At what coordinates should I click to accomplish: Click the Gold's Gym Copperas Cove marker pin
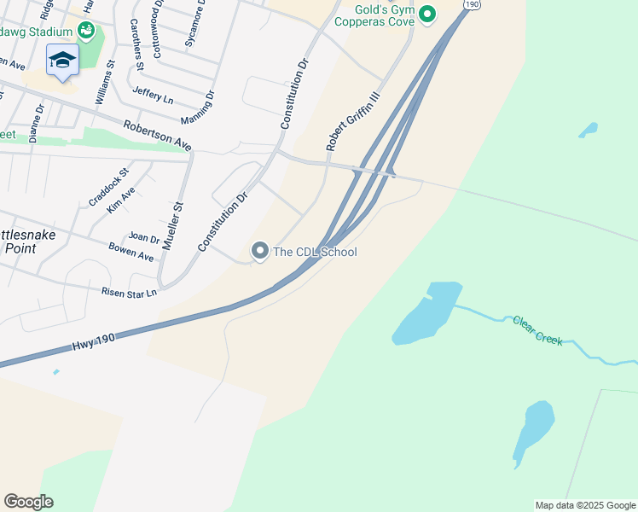tap(428, 14)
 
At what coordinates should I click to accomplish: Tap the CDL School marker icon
tap(260, 251)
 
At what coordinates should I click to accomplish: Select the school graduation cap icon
tap(62, 60)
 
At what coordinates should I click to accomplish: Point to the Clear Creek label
tap(537, 329)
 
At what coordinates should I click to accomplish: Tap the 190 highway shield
tap(472, 5)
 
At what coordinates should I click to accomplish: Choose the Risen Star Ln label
tap(129, 293)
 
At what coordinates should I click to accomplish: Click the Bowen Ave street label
tap(131, 252)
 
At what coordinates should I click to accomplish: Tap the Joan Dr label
tap(143, 238)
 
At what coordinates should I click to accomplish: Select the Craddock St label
tap(108, 186)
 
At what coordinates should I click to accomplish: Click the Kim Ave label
tap(121, 201)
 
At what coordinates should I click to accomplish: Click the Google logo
tap(28, 502)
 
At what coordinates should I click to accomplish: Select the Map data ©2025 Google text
tap(585, 505)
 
